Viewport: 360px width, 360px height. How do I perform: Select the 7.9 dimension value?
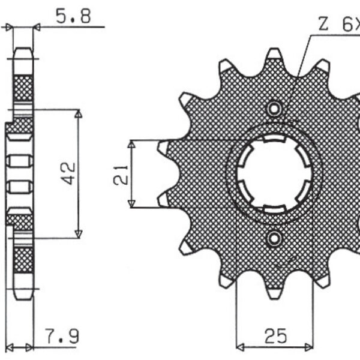[x=62, y=335]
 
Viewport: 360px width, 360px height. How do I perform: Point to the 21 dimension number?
[x=119, y=175]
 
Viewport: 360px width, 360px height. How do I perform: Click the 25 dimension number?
[x=274, y=334]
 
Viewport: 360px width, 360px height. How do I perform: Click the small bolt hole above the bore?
[x=275, y=109]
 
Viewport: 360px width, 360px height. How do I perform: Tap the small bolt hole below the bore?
[x=275, y=239]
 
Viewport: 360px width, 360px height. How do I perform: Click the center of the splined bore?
[x=274, y=175]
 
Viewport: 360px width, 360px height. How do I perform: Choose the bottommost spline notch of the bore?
[x=274, y=208]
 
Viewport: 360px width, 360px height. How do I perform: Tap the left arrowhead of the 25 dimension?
[x=240, y=346]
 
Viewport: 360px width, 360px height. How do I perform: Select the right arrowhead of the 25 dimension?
[x=308, y=346]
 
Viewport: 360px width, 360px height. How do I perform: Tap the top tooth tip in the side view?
[x=23, y=53]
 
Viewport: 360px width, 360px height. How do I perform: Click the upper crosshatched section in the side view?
[x=23, y=88]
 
